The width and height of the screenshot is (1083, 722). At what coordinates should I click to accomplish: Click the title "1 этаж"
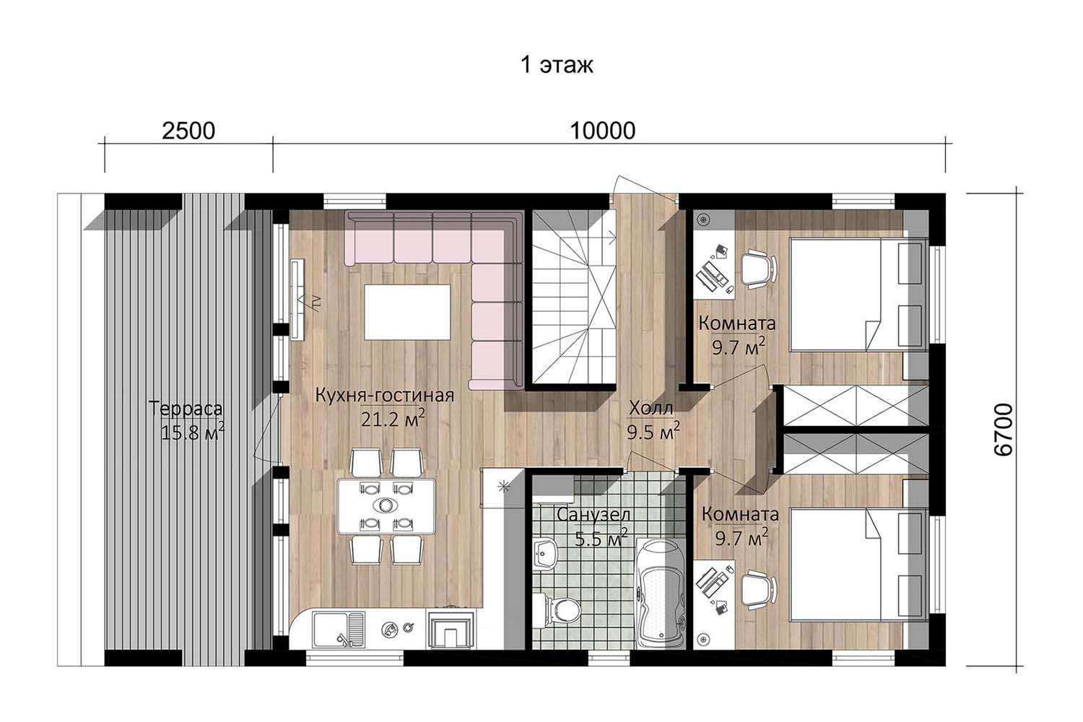(557, 65)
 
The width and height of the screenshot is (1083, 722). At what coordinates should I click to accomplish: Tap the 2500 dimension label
(188, 131)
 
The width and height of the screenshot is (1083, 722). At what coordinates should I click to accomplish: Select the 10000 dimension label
(602, 131)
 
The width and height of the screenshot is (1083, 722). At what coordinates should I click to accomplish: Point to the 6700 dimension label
(1003, 430)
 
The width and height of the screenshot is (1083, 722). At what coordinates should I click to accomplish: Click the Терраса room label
(186, 409)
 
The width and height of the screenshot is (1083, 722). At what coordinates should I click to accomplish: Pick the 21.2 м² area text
(393, 418)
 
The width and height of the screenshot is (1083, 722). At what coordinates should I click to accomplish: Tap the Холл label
(651, 409)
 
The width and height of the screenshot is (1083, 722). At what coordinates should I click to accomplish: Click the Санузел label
(593, 515)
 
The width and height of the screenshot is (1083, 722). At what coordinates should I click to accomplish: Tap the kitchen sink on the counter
(339, 629)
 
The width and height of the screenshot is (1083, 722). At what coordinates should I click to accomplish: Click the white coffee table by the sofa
(407, 313)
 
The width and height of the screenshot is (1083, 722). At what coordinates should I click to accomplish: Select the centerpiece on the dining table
(386, 505)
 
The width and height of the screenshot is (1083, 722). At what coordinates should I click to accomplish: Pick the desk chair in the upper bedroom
(758, 269)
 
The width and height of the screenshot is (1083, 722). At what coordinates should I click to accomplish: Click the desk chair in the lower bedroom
(758, 590)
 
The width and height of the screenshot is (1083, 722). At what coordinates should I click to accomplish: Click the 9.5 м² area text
(653, 431)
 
